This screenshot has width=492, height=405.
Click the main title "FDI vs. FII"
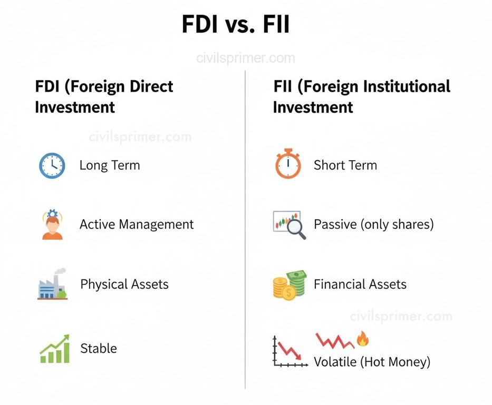point(235,25)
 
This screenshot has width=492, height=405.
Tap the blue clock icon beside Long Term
point(52,165)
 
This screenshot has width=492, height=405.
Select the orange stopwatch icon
point(287,165)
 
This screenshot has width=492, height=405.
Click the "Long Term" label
point(110,165)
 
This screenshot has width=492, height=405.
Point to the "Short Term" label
point(345,165)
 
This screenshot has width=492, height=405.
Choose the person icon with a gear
point(52,225)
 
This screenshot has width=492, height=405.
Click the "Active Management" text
point(137,224)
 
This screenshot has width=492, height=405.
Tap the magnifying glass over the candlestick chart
point(295,230)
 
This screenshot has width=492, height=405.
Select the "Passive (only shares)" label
point(373,224)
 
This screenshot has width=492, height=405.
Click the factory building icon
point(52,285)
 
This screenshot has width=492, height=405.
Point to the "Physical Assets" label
point(124,284)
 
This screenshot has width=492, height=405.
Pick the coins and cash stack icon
point(289,284)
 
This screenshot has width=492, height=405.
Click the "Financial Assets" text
point(360,284)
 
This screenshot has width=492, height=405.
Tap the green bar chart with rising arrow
point(55,349)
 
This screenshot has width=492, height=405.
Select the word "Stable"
point(99,348)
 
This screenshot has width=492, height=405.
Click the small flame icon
point(362,339)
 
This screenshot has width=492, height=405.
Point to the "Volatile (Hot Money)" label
point(372,362)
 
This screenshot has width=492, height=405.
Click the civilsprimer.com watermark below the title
point(246,58)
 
